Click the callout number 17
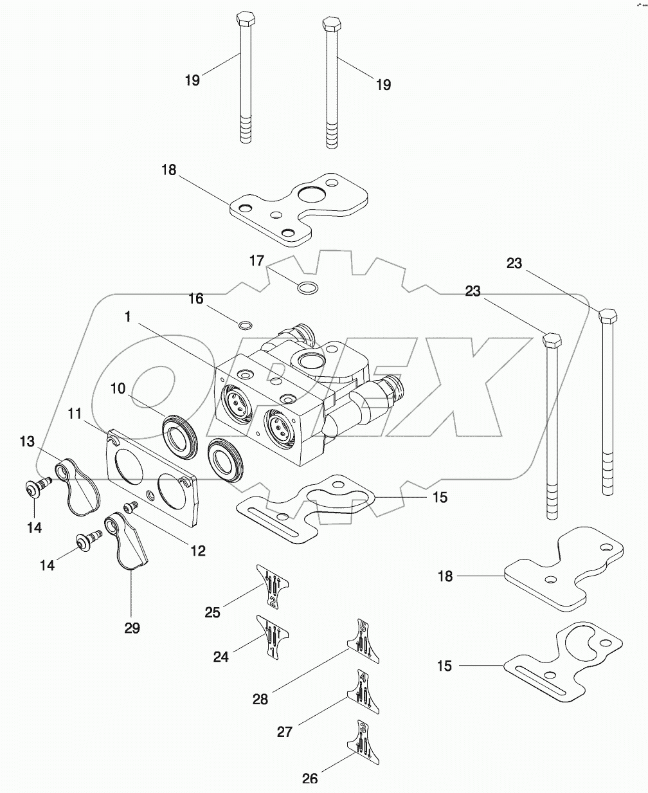(x=256, y=260)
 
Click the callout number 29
(x=132, y=628)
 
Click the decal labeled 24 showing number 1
(x=271, y=637)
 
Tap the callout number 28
(x=260, y=700)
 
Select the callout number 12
(x=197, y=551)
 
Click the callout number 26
(x=310, y=778)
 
